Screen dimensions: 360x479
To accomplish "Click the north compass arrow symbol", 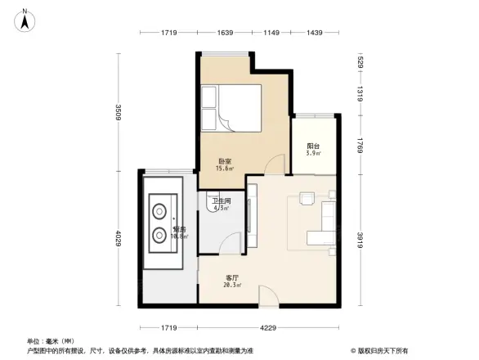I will (26, 20).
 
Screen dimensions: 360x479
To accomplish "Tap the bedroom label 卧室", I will (224, 160).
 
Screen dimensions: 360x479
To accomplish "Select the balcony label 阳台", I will (313, 146).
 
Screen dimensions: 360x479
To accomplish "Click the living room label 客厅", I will (231, 277).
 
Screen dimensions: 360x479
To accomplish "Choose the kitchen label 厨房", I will (180, 230).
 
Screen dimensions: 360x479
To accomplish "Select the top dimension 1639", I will (225, 32).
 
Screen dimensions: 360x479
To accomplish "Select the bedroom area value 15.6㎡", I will (225, 169).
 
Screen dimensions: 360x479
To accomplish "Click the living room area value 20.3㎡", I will (231, 286).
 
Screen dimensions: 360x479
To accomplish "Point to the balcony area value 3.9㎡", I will (313, 153).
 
